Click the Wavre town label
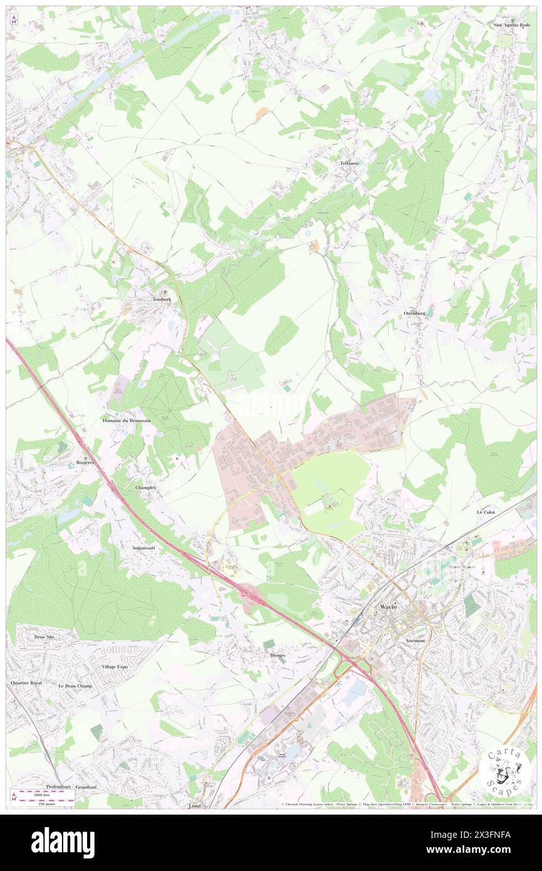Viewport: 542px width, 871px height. [388, 607]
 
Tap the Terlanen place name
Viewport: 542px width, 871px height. [350, 163]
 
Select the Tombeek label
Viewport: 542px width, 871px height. [161, 300]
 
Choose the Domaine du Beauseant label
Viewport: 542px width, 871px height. [126, 420]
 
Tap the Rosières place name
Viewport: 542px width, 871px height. [81, 461]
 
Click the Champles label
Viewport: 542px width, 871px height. [145, 487]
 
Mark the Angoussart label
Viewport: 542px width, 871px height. [143, 547]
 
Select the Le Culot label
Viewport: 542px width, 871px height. [486, 512]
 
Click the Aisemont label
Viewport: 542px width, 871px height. [415, 641]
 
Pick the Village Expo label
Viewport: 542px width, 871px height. [115, 667]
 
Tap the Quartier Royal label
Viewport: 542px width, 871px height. [26, 682]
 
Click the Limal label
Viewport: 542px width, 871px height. [195, 805]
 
